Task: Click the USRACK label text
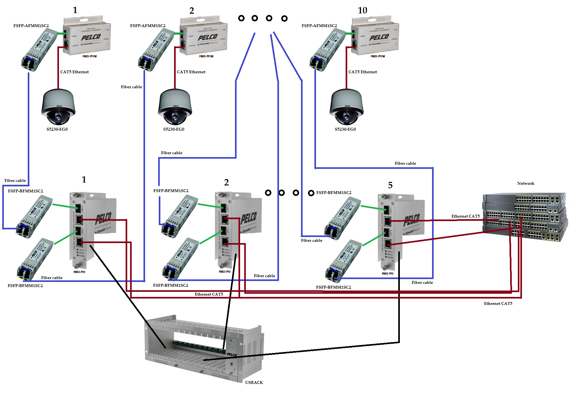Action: [x=254, y=382]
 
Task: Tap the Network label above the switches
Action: [x=525, y=184]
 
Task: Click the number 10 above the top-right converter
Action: [x=362, y=11]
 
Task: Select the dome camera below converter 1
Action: [x=58, y=107]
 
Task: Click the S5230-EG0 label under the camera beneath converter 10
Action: [x=345, y=129]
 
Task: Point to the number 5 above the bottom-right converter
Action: [x=390, y=185]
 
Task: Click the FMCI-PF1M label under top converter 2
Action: [x=206, y=56]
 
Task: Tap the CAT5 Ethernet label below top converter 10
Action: [x=363, y=72]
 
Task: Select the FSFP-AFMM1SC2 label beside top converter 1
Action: [x=31, y=26]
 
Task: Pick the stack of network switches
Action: [x=525, y=217]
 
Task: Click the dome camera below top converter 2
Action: [x=175, y=107]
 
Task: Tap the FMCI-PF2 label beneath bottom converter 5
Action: [x=387, y=274]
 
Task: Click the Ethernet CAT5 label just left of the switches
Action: [x=465, y=216]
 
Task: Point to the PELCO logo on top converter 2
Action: [x=208, y=38]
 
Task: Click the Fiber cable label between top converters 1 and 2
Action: [x=131, y=87]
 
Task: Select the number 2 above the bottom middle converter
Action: [x=226, y=183]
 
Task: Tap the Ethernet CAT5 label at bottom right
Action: [x=498, y=304]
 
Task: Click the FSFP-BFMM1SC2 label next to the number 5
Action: [x=334, y=193]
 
